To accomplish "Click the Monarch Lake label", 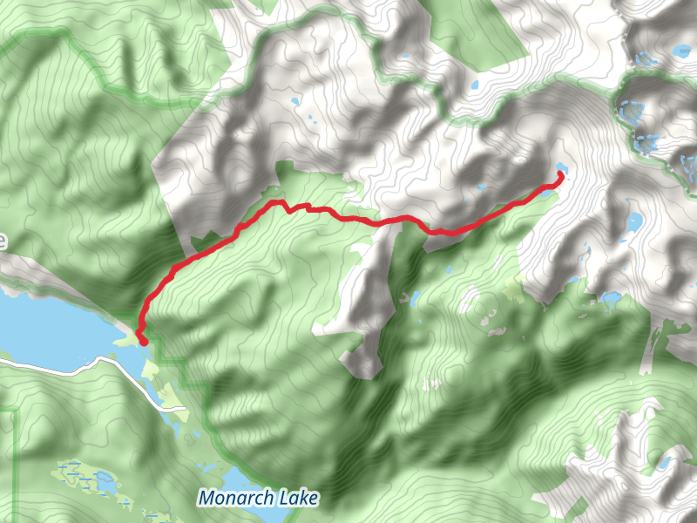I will (258, 499).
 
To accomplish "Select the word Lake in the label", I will (297, 499).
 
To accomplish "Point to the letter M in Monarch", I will (206, 499).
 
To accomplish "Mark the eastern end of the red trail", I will (558, 177).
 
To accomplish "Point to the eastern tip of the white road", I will (185, 407).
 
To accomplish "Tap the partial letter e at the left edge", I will (3, 241).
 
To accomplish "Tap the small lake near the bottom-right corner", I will (664, 462).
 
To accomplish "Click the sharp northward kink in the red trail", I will (281, 203).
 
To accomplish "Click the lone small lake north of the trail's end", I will (475, 85).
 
